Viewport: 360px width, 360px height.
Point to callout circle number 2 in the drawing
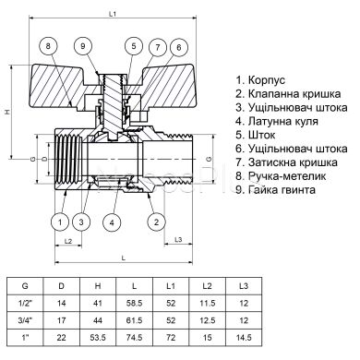pyautogui.click(x=157, y=222)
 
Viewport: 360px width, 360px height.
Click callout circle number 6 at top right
pyautogui.click(x=180, y=46)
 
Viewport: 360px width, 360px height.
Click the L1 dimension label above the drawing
pyautogui.click(x=114, y=13)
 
